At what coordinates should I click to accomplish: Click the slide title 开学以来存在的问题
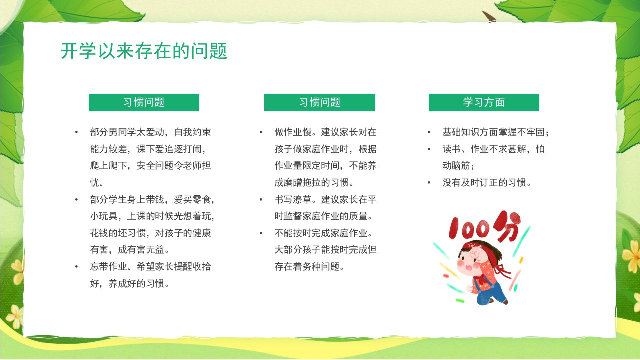[x=144, y=51]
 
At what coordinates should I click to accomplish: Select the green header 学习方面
[x=484, y=102]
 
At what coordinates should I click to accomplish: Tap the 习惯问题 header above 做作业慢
[x=319, y=102]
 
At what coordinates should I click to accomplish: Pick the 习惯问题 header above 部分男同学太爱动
[x=144, y=102]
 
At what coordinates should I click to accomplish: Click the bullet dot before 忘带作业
[x=76, y=267]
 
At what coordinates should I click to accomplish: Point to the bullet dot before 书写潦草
[x=261, y=199]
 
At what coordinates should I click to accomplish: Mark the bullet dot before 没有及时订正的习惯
[x=429, y=183]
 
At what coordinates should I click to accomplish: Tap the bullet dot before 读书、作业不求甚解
[x=429, y=149]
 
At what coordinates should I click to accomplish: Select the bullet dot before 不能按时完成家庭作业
[x=261, y=233]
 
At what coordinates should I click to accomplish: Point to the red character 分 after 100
[x=507, y=225]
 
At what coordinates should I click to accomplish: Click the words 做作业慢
[x=293, y=132]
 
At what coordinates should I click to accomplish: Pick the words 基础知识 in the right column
[x=461, y=132]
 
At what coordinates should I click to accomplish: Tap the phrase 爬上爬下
[x=109, y=166]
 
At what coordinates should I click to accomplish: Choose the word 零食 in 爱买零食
[x=202, y=199]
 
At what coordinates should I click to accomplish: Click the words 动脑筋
[x=456, y=166]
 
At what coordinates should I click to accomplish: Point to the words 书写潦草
[x=293, y=199]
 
